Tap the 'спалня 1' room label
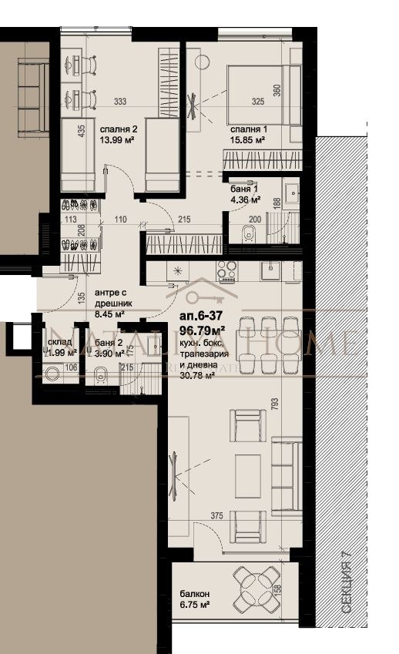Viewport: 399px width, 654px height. click(247, 130)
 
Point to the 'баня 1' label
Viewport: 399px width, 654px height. click(244, 189)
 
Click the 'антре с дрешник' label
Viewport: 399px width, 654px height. click(115, 298)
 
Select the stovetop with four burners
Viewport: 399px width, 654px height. click(226, 270)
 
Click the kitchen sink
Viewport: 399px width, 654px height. click(271, 270)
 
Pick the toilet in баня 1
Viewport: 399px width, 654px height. click(248, 234)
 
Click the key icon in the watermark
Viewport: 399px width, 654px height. click(204, 297)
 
